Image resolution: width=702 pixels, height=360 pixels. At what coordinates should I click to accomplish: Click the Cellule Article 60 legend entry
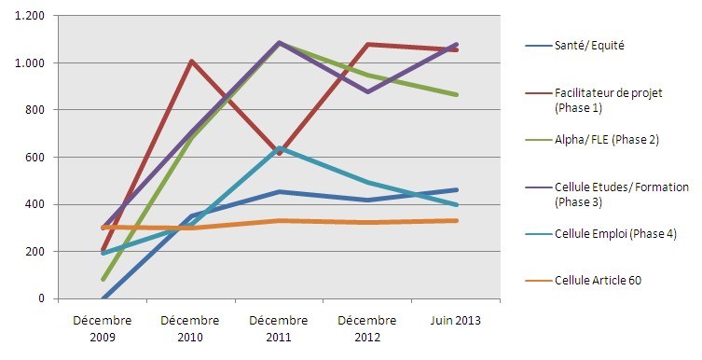point(598,280)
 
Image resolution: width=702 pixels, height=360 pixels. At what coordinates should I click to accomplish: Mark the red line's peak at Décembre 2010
point(191,62)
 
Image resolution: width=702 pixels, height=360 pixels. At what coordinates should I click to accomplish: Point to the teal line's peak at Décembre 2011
point(280,148)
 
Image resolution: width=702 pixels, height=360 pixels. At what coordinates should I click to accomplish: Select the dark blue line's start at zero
point(103,298)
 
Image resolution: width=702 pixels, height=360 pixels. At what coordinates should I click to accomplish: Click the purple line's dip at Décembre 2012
point(368,92)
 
